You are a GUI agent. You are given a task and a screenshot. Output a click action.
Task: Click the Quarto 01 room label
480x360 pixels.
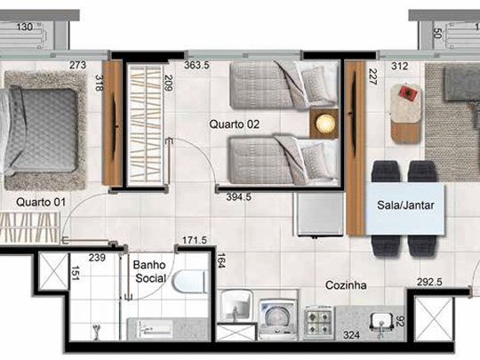(40, 203)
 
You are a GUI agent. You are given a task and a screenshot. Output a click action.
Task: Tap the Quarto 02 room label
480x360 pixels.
(234, 124)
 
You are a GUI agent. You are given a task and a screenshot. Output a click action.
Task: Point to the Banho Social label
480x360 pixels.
(150, 271)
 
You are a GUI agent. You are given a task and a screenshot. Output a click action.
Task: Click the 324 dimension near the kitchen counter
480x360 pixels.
(352, 336)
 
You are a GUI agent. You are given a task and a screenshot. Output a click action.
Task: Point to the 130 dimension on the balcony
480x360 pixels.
(26, 27)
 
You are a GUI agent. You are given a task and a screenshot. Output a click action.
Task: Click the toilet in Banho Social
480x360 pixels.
(189, 285)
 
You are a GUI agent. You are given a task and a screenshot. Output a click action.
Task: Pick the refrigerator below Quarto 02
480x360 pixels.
(319, 214)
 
